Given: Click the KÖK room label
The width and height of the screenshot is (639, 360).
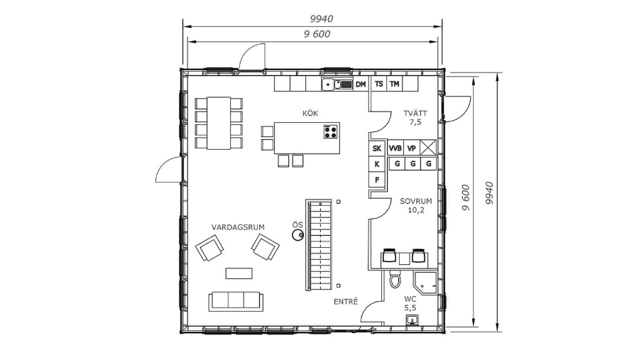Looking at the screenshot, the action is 310,113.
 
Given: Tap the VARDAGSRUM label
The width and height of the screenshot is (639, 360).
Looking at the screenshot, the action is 238,227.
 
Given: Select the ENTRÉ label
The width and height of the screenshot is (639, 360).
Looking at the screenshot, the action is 346,302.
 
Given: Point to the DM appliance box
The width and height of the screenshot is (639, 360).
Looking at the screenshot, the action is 361,84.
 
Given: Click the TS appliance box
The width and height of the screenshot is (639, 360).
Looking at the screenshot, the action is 378,84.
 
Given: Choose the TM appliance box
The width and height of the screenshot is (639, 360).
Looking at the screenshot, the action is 394,84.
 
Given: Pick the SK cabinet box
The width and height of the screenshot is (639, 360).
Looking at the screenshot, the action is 377,148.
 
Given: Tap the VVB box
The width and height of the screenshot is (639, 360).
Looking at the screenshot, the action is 395,148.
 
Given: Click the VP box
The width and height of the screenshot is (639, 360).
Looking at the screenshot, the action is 412,148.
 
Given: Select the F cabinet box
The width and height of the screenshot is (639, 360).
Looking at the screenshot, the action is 377,180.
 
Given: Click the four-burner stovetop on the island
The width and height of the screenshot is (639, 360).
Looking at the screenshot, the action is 330,131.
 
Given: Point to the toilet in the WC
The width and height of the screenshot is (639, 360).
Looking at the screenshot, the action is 395,279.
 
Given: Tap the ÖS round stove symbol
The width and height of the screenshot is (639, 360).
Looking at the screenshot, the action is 297,235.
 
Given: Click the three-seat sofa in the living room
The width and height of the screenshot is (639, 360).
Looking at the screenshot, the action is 236,301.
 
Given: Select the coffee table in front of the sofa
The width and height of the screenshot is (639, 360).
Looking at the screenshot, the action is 239,273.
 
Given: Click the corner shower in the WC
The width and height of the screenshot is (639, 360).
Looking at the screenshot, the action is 425,281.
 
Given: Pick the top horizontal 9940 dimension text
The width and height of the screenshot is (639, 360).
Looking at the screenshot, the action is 322,18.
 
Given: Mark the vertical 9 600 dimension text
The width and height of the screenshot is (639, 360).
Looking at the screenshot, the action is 466,197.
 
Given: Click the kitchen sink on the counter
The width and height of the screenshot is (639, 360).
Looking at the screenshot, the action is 337,84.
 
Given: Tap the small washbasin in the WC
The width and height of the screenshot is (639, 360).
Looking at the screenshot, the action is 413,320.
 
